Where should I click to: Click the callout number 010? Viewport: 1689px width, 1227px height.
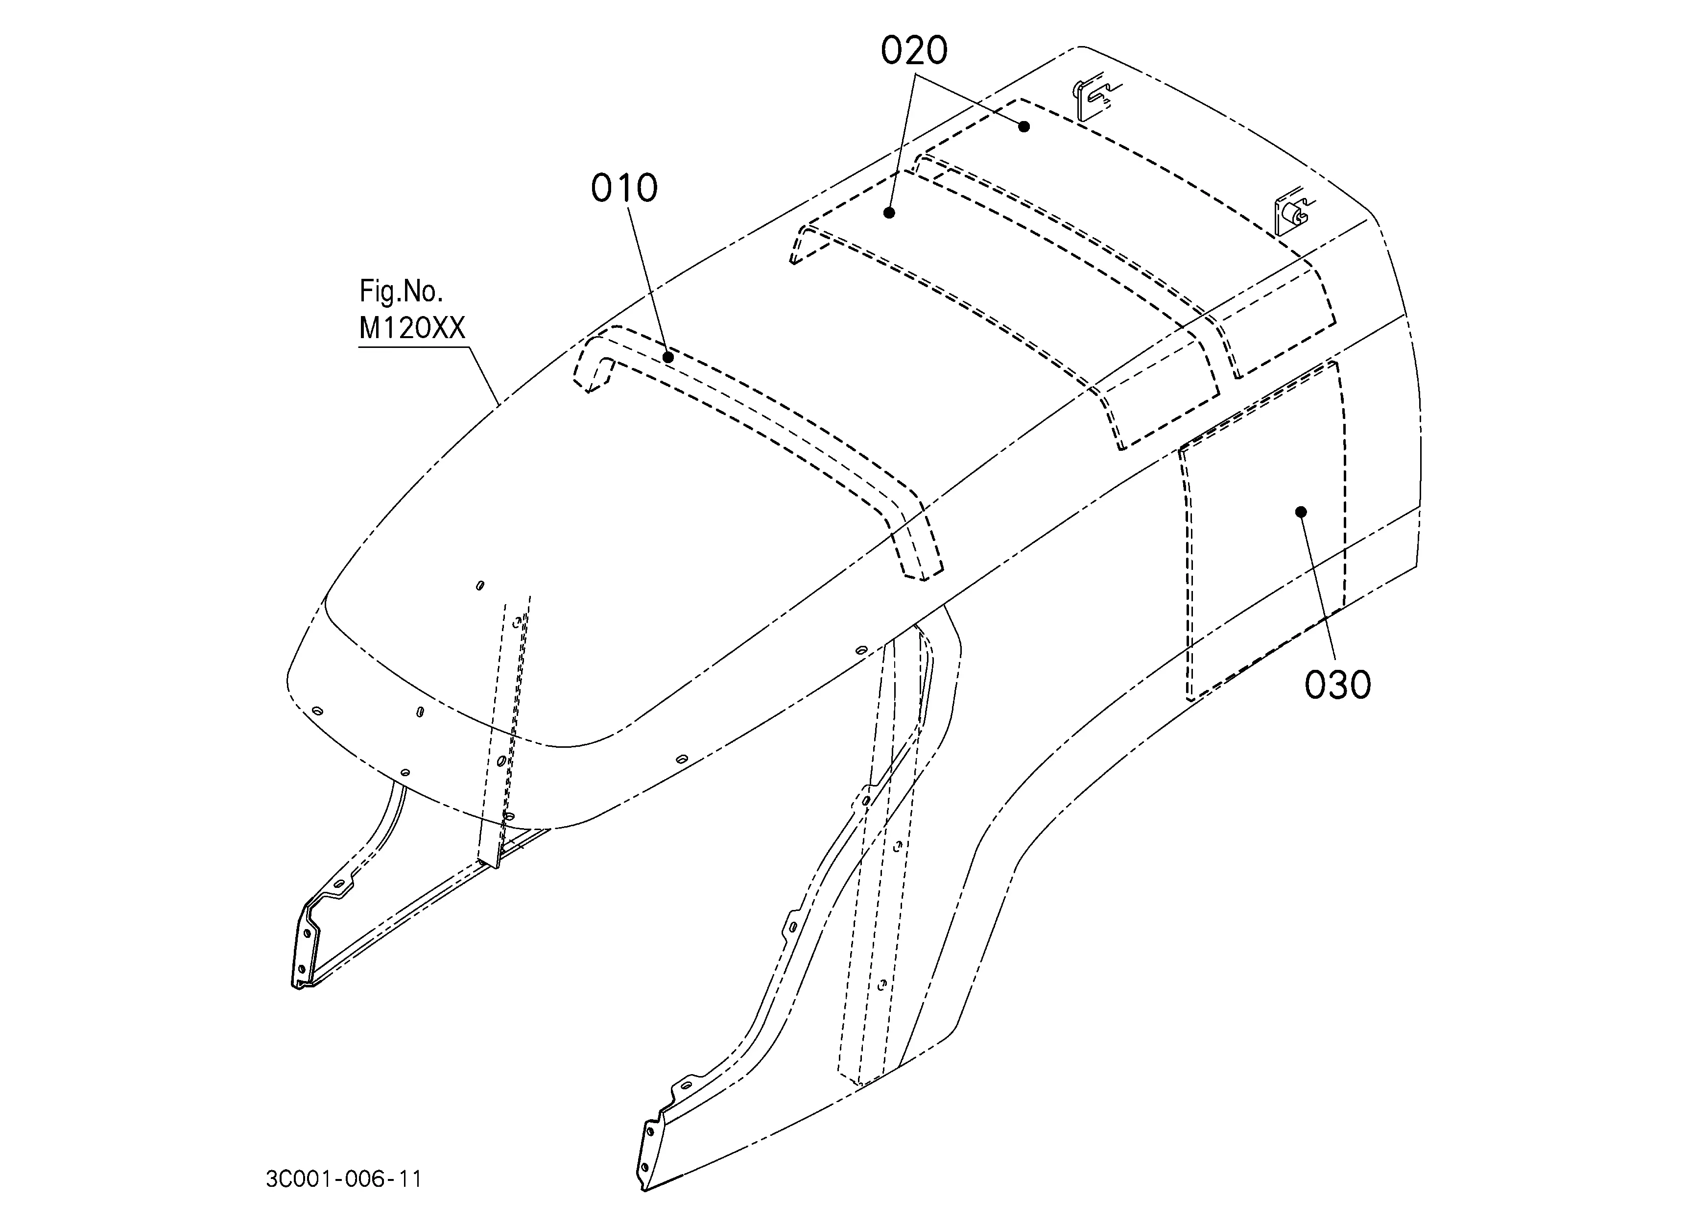pyautogui.click(x=624, y=189)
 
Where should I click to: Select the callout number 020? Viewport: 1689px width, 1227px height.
pyautogui.click(x=914, y=50)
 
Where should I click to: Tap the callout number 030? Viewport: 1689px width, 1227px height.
pyautogui.click(x=1337, y=685)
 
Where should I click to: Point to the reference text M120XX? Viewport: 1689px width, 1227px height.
pyautogui.click(x=412, y=328)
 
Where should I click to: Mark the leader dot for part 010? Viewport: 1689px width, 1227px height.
pyautogui.click(x=668, y=358)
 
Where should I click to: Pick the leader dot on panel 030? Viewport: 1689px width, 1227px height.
pyautogui.click(x=1301, y=511)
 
